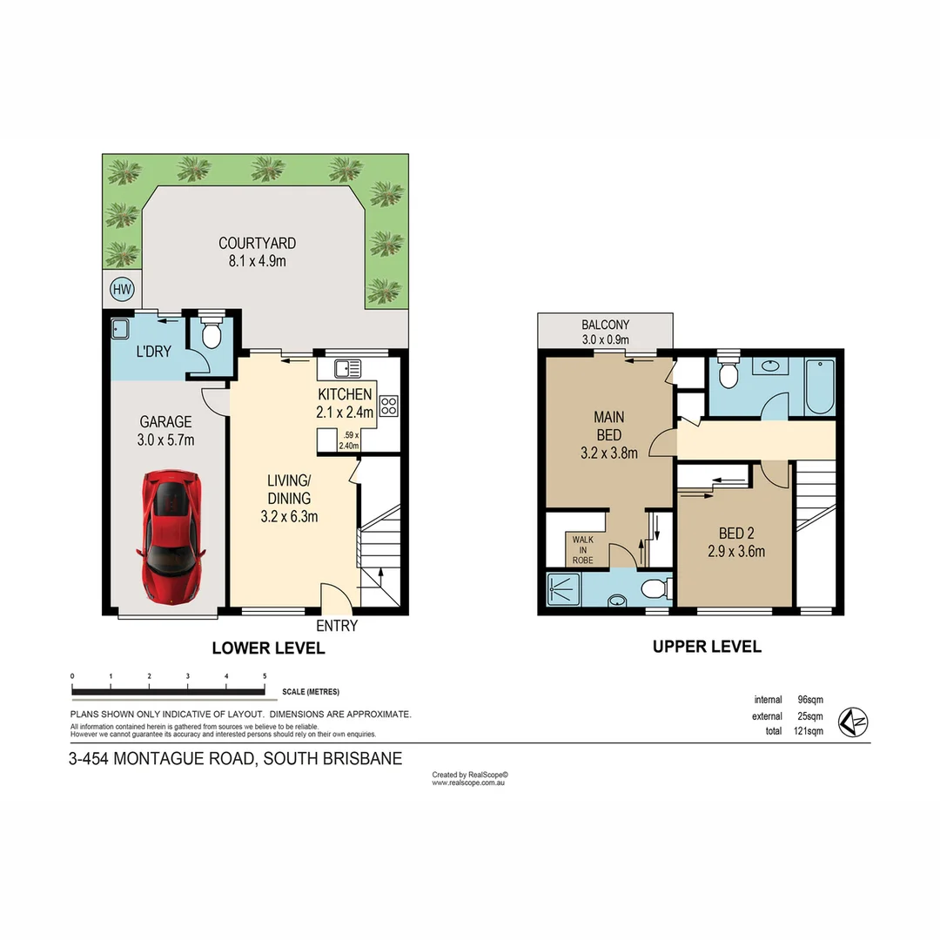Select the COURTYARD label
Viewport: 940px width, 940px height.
(257, 244)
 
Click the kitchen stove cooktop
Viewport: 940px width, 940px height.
(389, 406)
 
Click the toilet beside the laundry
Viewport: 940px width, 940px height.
(211, 333)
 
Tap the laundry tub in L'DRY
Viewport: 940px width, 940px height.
(121, 329)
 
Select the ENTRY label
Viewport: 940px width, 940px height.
(336, 626)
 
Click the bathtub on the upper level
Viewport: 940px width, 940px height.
(819, 386)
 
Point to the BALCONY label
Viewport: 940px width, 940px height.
(605, 325)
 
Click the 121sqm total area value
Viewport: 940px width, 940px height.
(809, 731)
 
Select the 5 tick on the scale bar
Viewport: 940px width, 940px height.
(264, 676)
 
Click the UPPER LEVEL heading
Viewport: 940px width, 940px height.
(707, 647)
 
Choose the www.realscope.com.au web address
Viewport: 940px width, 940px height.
(469, 783)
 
